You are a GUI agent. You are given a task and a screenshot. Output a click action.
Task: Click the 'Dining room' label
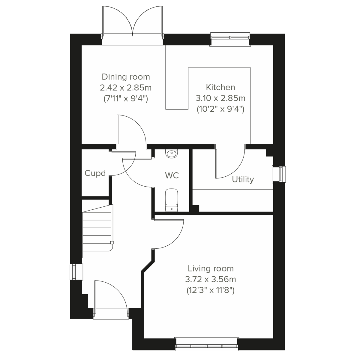click(x=126, y=77)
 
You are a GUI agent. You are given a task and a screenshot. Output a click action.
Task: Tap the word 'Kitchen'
click(x=220, y=87)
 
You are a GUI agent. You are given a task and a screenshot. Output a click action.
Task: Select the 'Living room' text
click(x=211, y=268)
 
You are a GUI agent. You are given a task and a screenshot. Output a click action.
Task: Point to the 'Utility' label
click(x=243, y=179)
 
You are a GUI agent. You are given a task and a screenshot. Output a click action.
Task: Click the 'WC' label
click(x=172, y=175)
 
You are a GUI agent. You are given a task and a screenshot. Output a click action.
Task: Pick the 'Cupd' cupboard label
click(x=95, y=173)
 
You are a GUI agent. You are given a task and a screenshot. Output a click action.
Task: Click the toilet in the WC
click(x=172, y=199)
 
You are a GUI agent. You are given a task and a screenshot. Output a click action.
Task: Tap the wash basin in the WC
click(x=172, y=154)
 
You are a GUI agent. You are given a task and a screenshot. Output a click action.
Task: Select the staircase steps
click(x=97, y=228)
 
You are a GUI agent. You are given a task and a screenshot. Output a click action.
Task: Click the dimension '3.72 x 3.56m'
click(x=211, y=280)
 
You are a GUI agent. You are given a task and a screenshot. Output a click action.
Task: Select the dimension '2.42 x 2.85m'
click(x=126, y=88)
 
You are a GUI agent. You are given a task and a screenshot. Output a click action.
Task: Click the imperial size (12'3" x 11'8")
click(x=211, y=290)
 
